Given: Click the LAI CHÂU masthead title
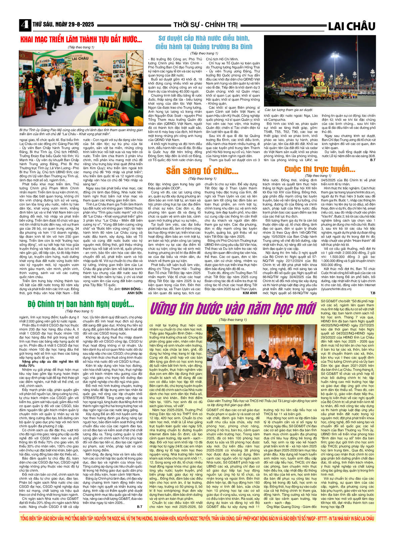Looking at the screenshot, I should pos(351,26).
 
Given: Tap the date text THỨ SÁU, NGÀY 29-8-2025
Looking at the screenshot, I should pos(63,25).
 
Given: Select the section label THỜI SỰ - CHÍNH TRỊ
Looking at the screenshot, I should pos(205,25).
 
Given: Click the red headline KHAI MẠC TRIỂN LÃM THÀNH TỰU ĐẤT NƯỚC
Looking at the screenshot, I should pos(81,39).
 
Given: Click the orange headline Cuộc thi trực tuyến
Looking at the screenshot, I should pos(319,169).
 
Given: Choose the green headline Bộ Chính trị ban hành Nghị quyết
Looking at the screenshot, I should pos(81,304).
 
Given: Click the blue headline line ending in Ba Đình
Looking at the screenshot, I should pos(204,46).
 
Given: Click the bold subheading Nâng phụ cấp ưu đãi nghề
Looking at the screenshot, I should pos(46,363).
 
